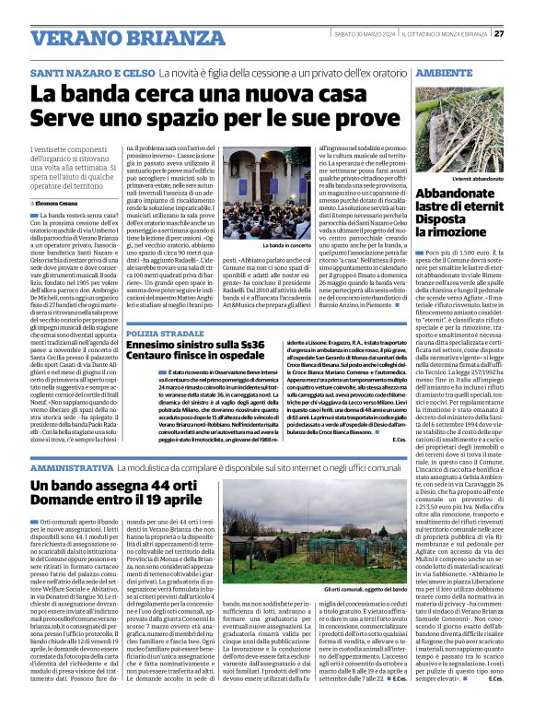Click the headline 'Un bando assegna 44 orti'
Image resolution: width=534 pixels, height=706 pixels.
click(116, 486)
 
